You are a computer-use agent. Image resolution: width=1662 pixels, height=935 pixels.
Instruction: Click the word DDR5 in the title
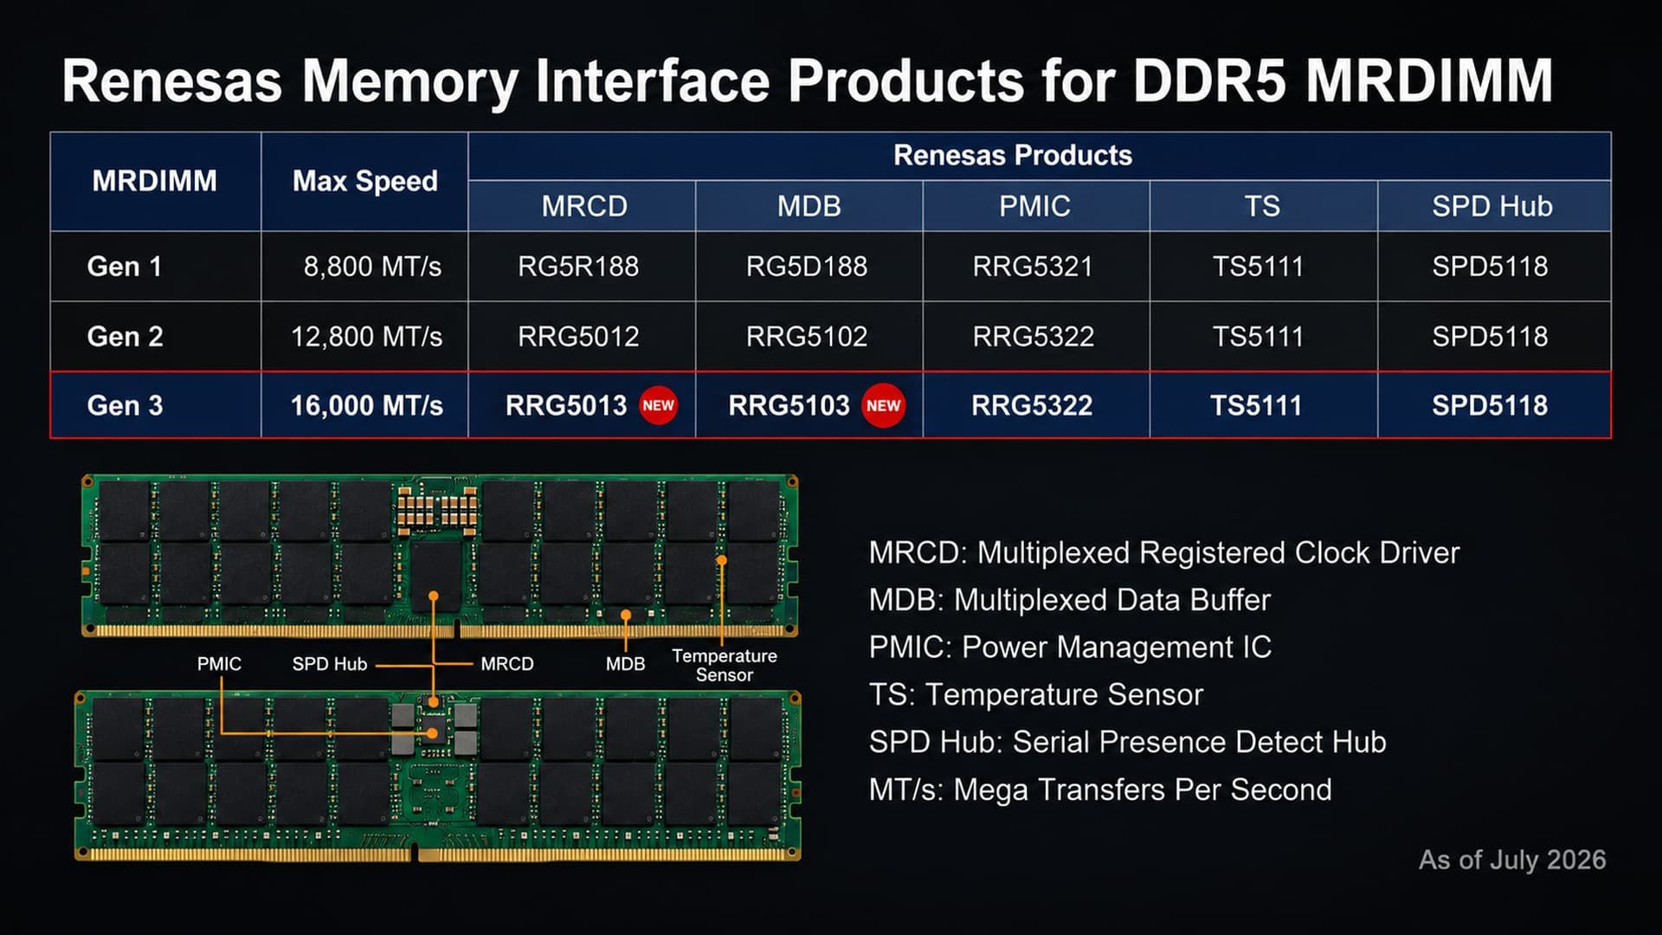[x=1210, y=81]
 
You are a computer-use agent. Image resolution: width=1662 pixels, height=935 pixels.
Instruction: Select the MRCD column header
[x=584, y=206]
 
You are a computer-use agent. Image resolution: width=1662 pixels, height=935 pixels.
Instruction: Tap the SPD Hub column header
[x=1491, y=206]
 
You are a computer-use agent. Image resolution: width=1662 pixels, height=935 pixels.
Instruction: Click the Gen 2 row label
[x=125, y=336]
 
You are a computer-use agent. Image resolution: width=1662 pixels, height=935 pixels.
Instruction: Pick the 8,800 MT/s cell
[x=372, y=266]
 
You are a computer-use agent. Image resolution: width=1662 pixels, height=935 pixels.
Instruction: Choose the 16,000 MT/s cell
[x=366, y=405]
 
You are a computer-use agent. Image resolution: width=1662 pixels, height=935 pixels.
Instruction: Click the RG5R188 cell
[x=578, y=266]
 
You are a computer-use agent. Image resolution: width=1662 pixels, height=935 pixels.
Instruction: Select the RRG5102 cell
[x=807, y=336]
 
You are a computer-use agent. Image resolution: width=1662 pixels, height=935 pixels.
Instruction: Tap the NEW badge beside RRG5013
[x=658, y=405]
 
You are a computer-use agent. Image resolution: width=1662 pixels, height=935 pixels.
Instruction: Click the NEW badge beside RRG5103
[x=883, y=405]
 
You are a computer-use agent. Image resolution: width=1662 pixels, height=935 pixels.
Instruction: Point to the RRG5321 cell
[x=1033, y=266]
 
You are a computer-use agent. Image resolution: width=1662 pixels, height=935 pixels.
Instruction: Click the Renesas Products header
[x=1013, y=155]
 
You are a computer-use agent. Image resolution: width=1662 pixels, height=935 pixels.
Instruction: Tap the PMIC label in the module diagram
[x=219, y=664]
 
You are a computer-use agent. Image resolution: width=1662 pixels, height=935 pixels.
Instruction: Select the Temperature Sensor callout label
[x=725, y=666]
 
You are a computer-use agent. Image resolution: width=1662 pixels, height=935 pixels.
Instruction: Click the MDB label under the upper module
[x=625, y=664]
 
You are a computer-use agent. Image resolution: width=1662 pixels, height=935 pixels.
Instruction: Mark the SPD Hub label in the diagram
[x=330, y=664]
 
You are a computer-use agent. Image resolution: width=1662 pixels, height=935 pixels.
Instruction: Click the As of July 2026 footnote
[x=1512, y=860]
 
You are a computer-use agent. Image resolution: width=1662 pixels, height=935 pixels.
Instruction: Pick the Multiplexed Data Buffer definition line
[x=1070, y=600]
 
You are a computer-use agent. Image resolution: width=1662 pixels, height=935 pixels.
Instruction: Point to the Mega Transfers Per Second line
[x=1100, y=790]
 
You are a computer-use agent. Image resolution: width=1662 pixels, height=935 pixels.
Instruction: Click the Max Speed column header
[x=365, y=181]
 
